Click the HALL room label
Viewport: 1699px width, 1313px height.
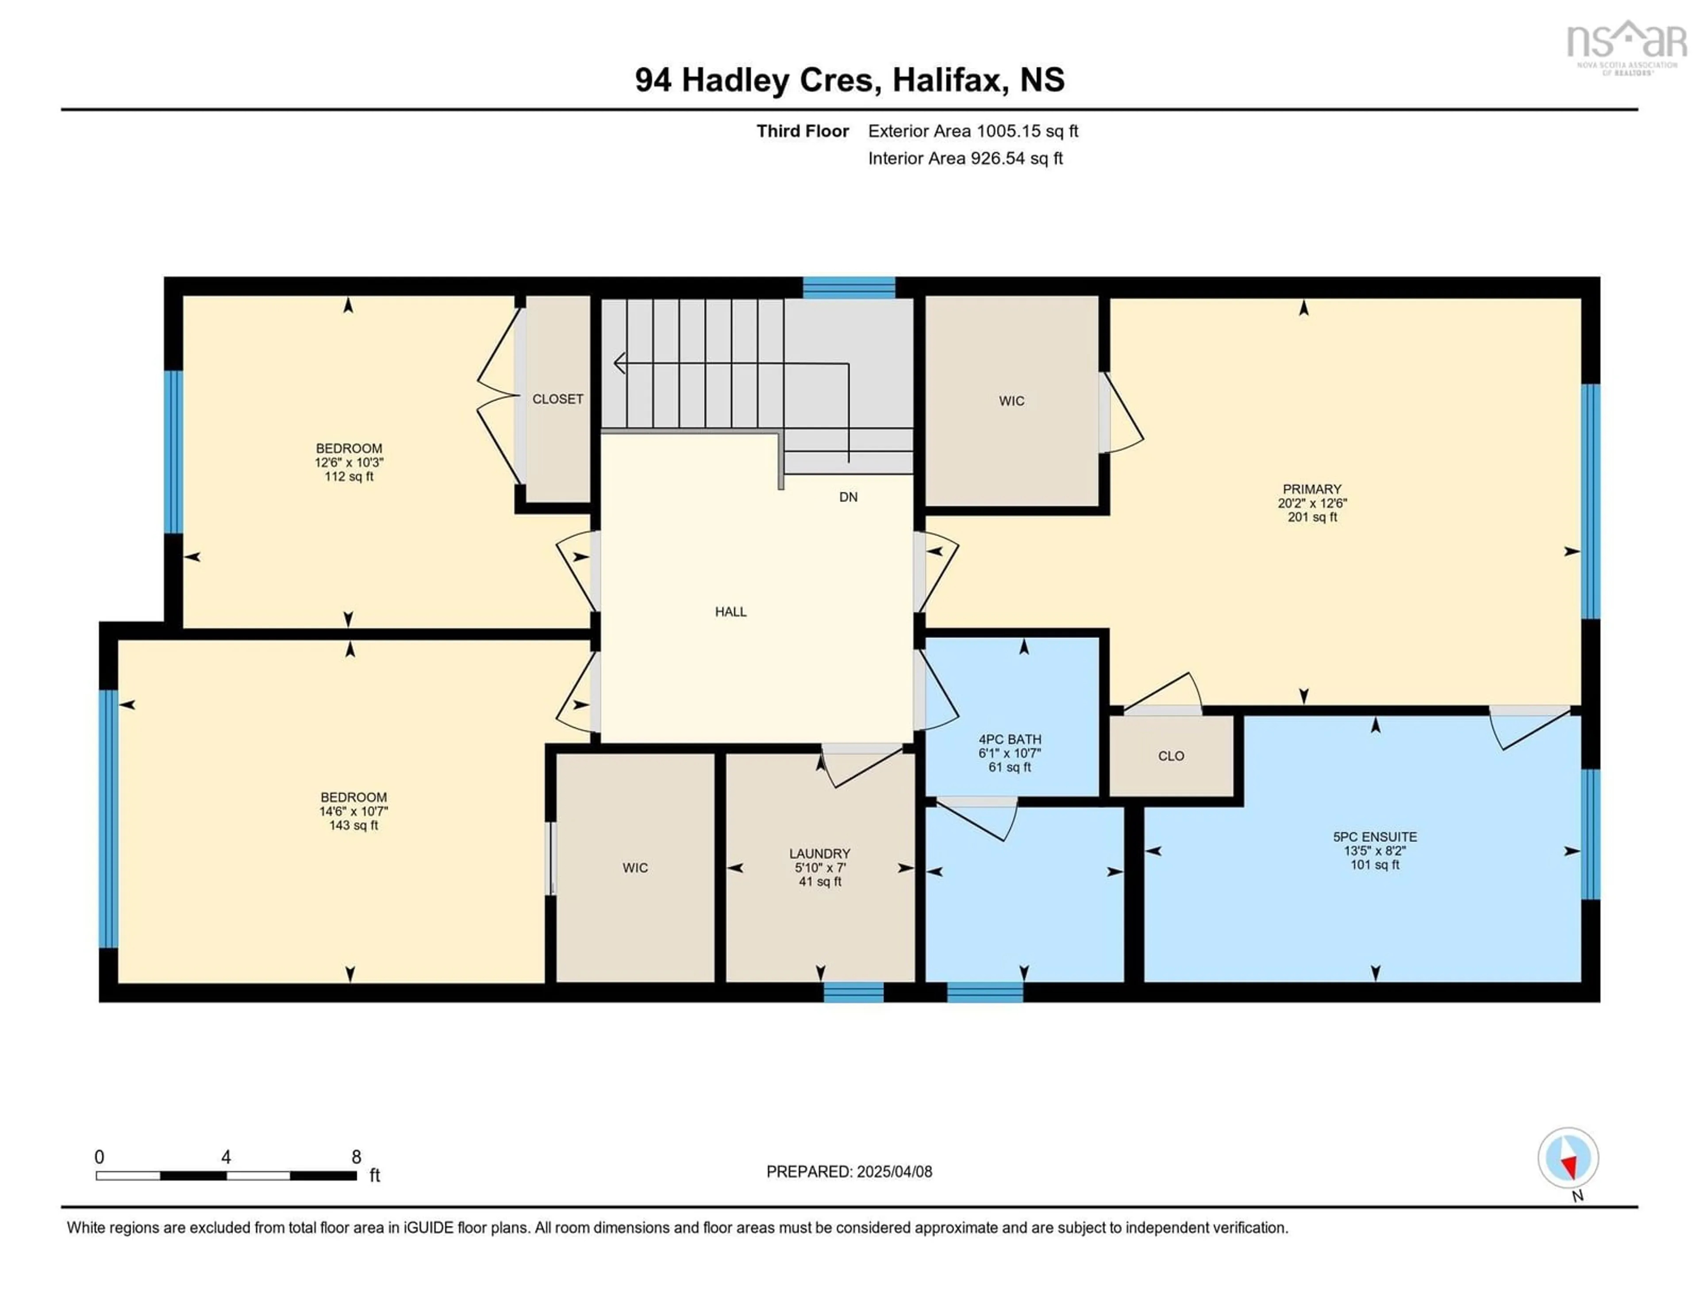coord(730,612)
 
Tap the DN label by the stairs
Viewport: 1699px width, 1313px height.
coord(848,497)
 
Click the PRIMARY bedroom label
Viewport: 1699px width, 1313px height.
coord(1311,489)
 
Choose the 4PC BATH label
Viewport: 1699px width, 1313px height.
coord(1010,739)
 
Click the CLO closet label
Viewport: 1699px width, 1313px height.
coord(1171,756)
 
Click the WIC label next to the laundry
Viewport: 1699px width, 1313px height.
coord(635,868)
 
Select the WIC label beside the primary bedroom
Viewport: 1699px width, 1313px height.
coord(1011,401)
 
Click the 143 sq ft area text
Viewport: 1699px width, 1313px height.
coord(353,825)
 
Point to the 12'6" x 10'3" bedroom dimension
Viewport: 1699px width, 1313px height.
coord(349,462)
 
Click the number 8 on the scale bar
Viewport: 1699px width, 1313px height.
coord(356,1157)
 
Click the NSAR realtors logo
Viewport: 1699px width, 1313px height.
coord(1626,46)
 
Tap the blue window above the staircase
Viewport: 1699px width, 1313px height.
coord(849,287)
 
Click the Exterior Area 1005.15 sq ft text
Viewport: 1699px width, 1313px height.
coord(973,131)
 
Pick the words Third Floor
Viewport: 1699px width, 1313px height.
coord(803,131)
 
